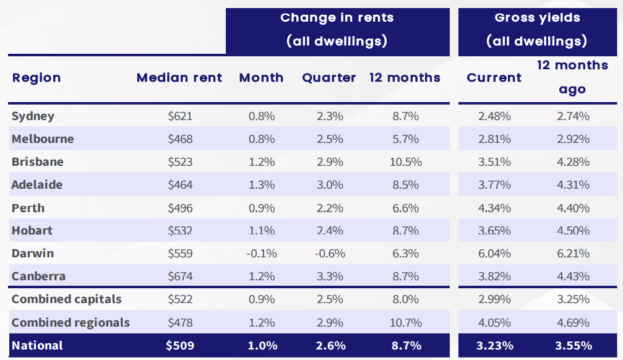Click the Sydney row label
33,116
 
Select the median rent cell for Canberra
180,276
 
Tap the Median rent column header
179,78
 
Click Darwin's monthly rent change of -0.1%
261,254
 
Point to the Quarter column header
329,78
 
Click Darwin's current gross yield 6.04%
494,254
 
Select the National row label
37,346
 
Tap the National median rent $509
180,346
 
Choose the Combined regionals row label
71,323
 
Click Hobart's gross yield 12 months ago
572,231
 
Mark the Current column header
494,78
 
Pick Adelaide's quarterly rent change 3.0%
329,185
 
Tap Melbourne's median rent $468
180,139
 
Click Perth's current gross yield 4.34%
494,208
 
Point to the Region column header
37,78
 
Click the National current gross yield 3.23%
494,346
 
